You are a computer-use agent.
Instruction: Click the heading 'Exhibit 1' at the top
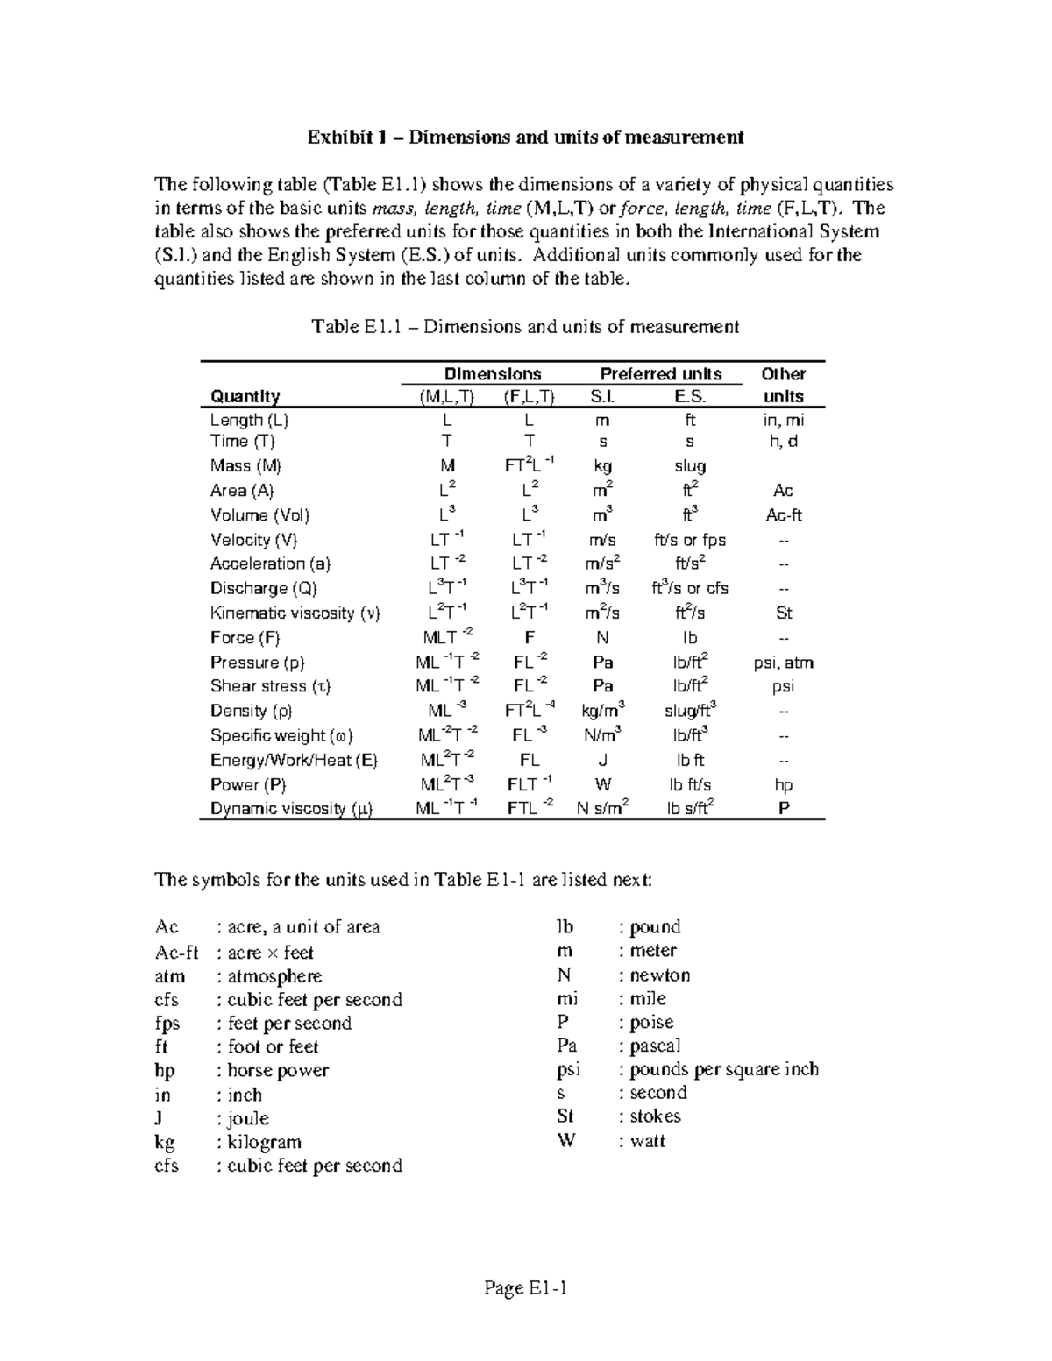525,137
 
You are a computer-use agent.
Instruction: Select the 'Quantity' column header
245,396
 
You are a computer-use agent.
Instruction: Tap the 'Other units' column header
783,385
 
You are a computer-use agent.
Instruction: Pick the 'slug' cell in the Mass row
690,466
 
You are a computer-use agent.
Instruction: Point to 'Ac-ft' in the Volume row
784,515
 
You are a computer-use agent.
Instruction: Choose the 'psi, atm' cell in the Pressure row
783,663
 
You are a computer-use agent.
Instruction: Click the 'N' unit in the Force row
602,638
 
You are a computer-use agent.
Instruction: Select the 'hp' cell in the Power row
784,785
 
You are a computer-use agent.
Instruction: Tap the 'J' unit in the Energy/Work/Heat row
602,761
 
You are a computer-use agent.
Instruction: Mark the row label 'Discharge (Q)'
263,589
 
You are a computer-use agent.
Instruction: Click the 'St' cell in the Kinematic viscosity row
784,613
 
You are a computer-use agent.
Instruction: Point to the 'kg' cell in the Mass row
602,466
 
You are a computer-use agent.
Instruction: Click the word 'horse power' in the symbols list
278,1071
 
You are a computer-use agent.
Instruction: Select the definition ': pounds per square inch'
719,1069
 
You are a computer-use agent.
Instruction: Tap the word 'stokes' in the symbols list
655,1116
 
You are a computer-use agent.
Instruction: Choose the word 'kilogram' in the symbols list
264,1142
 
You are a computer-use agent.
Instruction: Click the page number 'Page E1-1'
525,1288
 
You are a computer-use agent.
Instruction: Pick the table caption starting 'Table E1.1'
525,327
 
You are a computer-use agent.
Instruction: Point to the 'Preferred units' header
660,374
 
